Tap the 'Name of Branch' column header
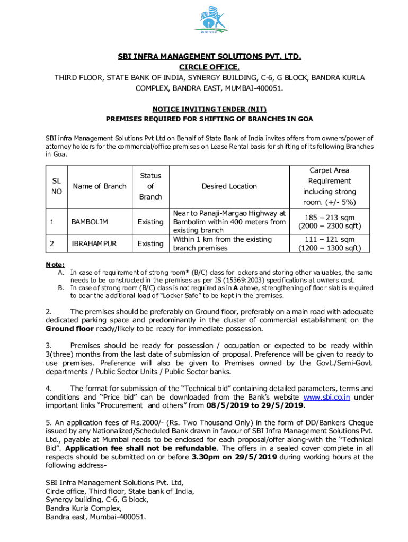(100, 186)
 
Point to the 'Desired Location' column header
(229, 186)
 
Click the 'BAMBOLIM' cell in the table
(90, 222)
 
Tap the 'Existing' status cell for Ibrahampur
(150, 243)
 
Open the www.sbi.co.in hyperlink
(326, 398)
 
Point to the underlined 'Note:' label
(55, 264)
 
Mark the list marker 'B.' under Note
(60, 288)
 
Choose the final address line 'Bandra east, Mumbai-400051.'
(95, 517)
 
